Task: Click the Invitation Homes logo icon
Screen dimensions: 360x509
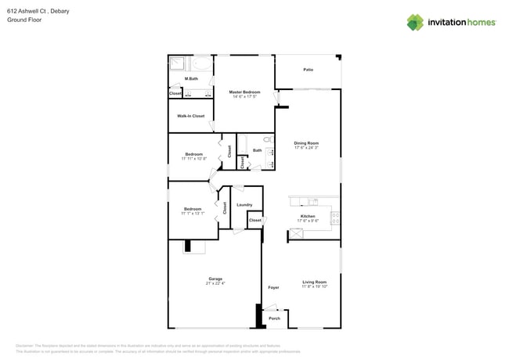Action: point(415,22)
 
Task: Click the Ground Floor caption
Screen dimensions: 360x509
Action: point(23,20)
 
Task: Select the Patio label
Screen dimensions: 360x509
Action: point(309,70)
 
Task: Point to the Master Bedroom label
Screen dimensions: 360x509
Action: point(244,92)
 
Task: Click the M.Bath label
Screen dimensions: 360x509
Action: point(190,79)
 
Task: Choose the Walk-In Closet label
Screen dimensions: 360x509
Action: point(190,116)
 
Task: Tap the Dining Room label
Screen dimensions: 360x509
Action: point(306,143)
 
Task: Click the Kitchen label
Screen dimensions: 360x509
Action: point(308,216)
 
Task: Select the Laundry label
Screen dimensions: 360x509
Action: point(244,205)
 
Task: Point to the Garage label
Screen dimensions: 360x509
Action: point(215,279)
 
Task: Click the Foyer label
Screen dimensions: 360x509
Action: point(273,287)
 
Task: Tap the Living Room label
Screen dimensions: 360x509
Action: point(315,282)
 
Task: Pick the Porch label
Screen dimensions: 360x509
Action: point(274,319)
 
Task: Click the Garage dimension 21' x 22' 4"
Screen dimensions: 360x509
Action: point(215,283)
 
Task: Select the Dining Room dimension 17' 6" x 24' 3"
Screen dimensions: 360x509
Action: point(306,148)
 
